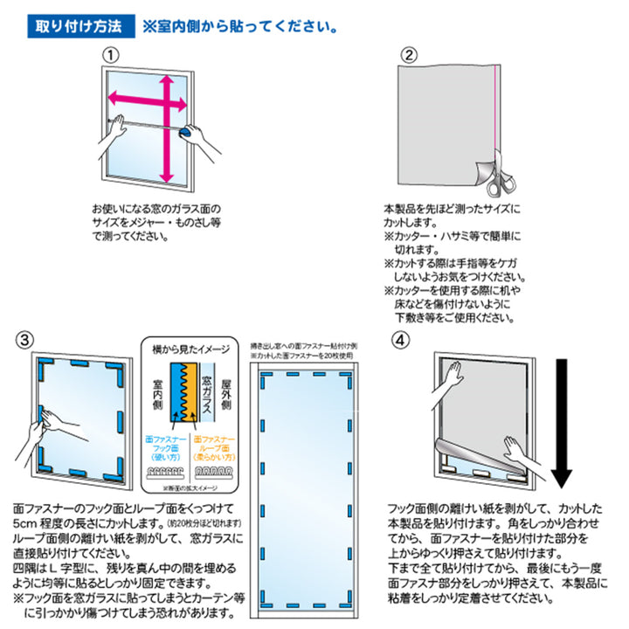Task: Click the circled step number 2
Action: (408, 54)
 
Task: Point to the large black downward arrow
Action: (561, 419)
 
